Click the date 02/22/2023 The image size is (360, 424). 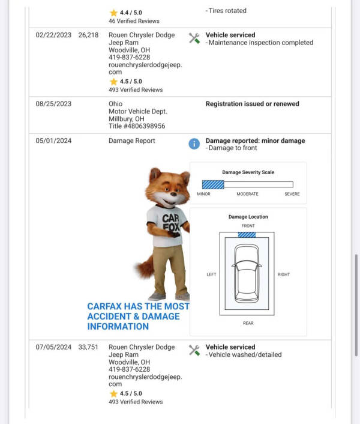[x=53, y=35]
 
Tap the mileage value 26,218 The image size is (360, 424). [x=88, y=35]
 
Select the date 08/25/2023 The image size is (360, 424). [x=53, y=104]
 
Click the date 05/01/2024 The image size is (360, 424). [x=53, y=141]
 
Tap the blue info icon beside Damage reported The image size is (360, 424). [x=194, y=144]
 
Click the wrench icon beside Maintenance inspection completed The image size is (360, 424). [x=194, y=38]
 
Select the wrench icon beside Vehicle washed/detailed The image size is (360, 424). [x=194, y=350]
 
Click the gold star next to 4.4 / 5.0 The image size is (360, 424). [x=113, y=13]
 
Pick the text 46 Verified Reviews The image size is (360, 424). [x=134, y=21]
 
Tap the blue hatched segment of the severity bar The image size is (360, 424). [x=213, y=184]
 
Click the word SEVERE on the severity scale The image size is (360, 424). [x=292, y=194]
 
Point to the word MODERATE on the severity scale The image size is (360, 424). [x=247, y=194]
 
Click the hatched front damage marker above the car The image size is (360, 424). [x=247, y=234]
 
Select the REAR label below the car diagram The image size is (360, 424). [x=248, y=323]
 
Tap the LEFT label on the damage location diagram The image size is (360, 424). [x=211, y=274]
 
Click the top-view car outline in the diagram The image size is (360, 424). [x=247, y=273]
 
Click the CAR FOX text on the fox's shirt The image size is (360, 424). [x=170, y=222]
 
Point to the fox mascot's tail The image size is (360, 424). [x=144, y=267]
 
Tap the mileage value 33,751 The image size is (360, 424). [x=88, y=347]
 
